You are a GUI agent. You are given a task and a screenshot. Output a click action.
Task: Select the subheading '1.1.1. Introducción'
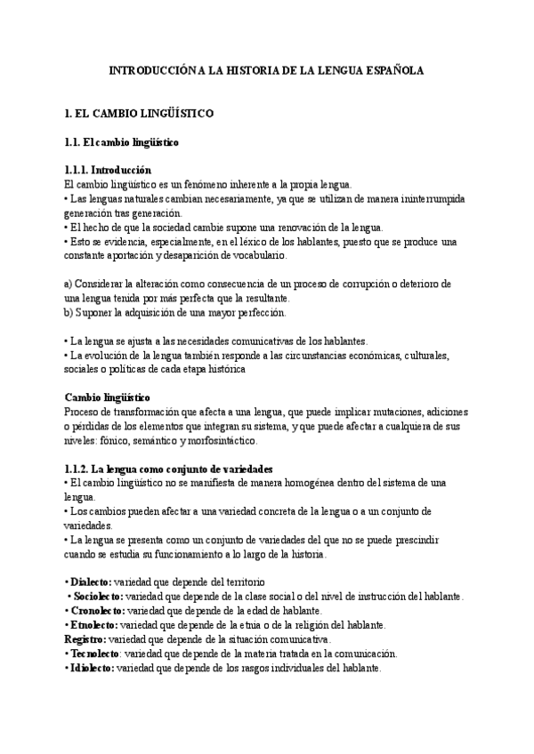click(x=109, y=170)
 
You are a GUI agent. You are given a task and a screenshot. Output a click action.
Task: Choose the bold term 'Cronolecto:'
click(x=98, y=611)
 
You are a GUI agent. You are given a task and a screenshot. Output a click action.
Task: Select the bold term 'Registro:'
click(x=85, y=639)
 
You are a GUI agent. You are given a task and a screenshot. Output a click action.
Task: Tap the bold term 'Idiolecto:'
click(x=93, y=668)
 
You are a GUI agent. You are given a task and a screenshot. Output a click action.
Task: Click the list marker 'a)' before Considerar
click(x=70, y=284)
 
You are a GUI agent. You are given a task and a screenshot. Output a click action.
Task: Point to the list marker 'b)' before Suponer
click(x=70, y=312)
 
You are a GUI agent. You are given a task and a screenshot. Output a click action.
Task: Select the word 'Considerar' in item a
click(x=102, y=284)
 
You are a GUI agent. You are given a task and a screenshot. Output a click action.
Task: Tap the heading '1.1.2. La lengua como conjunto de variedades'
click(x=168, y=469)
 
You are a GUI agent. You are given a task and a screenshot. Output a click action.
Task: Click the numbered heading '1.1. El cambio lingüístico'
click(x=122, y=142)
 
